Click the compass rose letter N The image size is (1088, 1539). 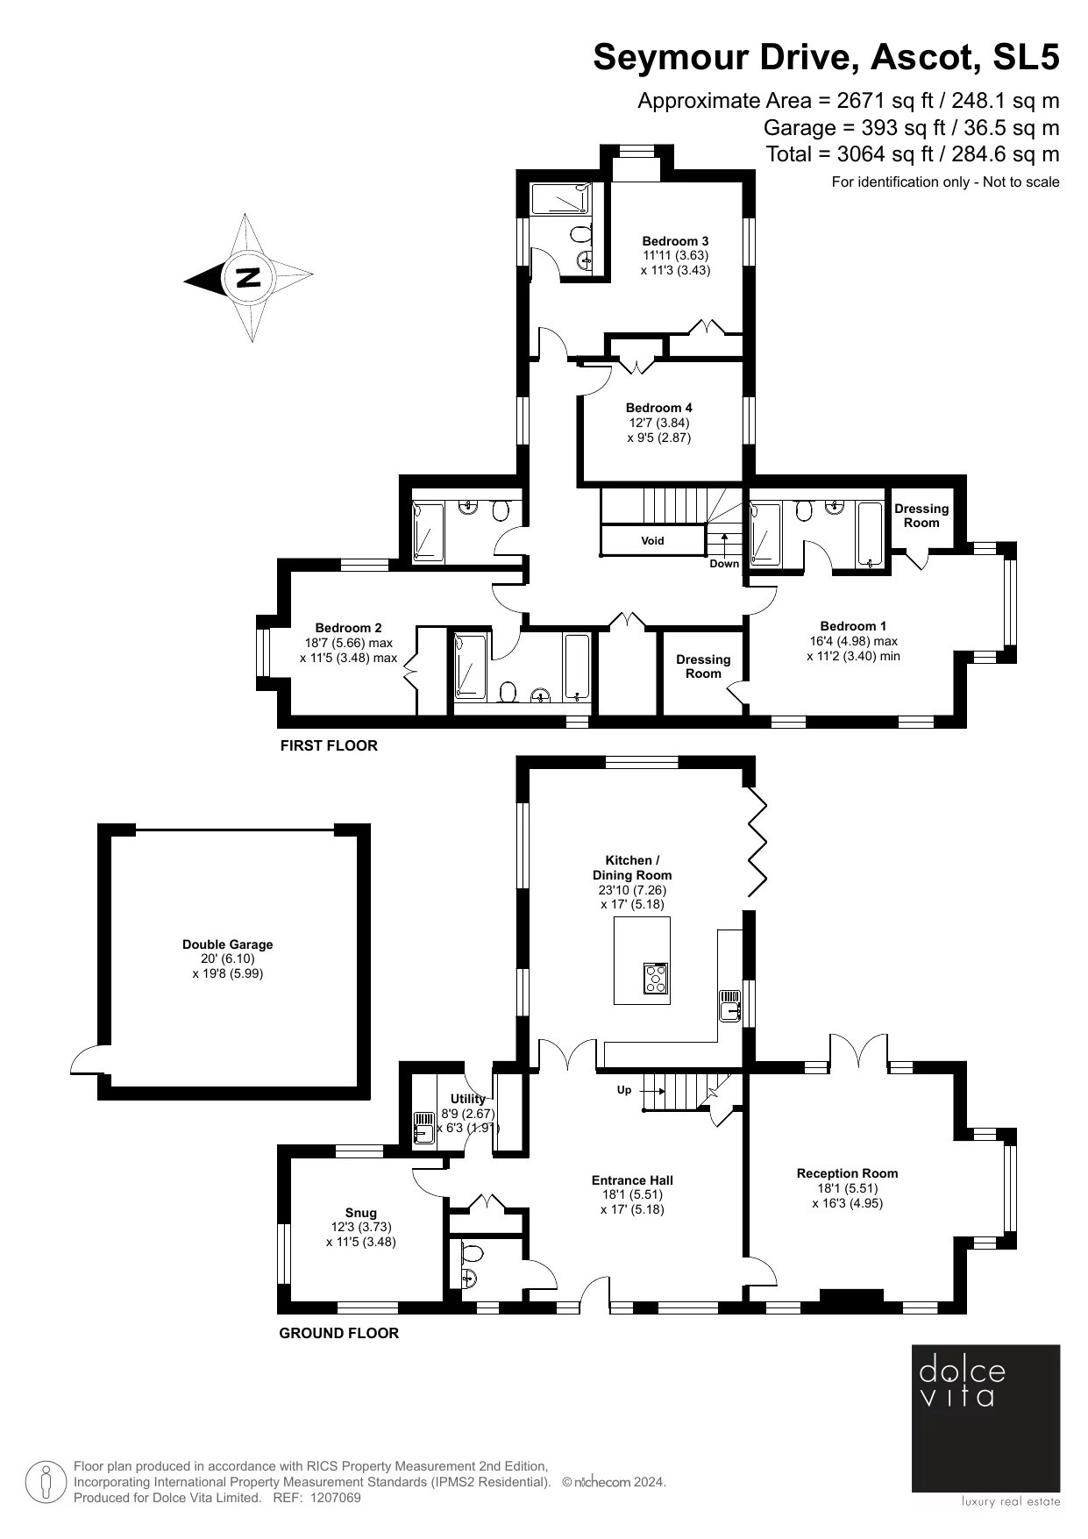(x=248, y=277)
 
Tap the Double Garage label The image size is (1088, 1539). (x=227, y=944)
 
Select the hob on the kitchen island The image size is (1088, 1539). (x=655, y=978)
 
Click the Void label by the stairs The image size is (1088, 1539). (x=652, y=541)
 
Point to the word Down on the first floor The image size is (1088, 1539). (x=724, y=564)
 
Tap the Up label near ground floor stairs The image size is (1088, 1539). (x=624, y=1091)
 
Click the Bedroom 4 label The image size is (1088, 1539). (x=658, y=408)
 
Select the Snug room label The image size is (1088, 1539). (x=360, y=1214)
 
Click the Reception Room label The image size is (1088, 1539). (x=847, y=1173)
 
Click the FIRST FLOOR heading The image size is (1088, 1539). (x=329, y=746)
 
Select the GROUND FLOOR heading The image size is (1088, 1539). (x=338, y=1334)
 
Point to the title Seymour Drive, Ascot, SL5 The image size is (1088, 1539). (x=826, y=58)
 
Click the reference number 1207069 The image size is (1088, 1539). (x=336, y=1498)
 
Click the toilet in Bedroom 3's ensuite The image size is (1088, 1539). (x=580, y=235)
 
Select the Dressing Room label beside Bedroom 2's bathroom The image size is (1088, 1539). (x=703, y=666)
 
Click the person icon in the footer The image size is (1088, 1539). (x=45, y=1481)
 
